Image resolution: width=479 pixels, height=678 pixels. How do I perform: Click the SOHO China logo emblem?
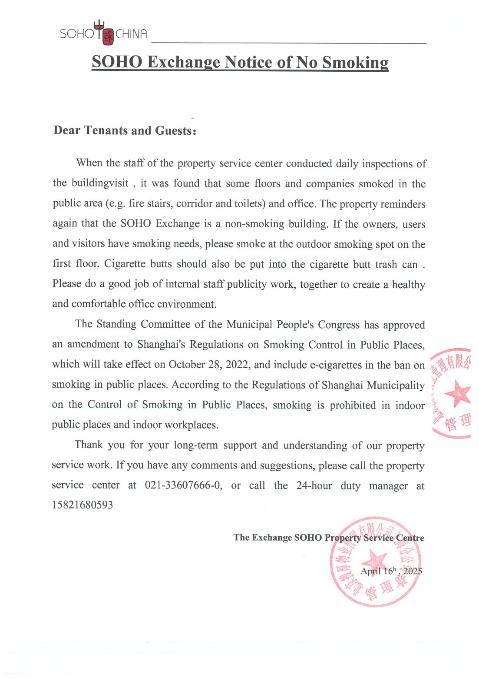[x=104, y=33]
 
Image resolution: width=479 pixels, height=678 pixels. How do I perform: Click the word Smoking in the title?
[x=355, y=62]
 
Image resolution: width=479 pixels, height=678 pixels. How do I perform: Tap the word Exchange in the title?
[x=184, y=62]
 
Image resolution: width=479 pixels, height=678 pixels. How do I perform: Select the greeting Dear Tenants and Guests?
[x=125, y=130]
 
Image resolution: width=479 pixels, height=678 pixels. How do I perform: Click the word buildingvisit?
[x=100, y=183]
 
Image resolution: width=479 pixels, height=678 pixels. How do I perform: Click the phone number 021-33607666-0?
[x=183, y=485]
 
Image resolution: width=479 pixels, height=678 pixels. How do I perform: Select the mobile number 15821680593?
[x=82, y=505]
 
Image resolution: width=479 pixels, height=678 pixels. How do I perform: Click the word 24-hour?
[x=314, y=485]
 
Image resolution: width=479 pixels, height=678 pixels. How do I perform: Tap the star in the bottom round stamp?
[x=374, y=559]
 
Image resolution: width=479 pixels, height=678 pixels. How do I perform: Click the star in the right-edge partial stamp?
[x=457, y=393]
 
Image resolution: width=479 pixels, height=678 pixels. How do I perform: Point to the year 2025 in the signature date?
[x=413, y=571]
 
